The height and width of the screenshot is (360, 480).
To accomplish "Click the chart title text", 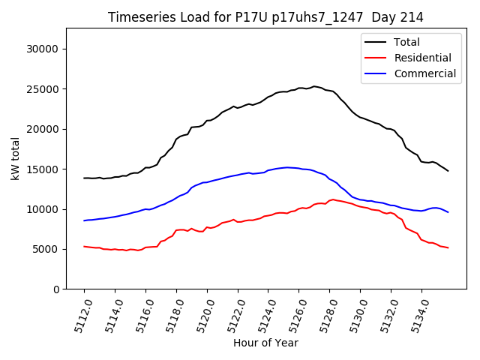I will coord(265,17).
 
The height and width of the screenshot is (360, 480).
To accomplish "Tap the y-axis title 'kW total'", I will coord(15,159).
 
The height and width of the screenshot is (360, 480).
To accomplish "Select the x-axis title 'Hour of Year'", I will coord(265,343).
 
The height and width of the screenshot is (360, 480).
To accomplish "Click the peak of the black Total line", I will coord(314,86).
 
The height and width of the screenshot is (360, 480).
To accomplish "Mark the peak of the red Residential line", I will coord(332,199).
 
